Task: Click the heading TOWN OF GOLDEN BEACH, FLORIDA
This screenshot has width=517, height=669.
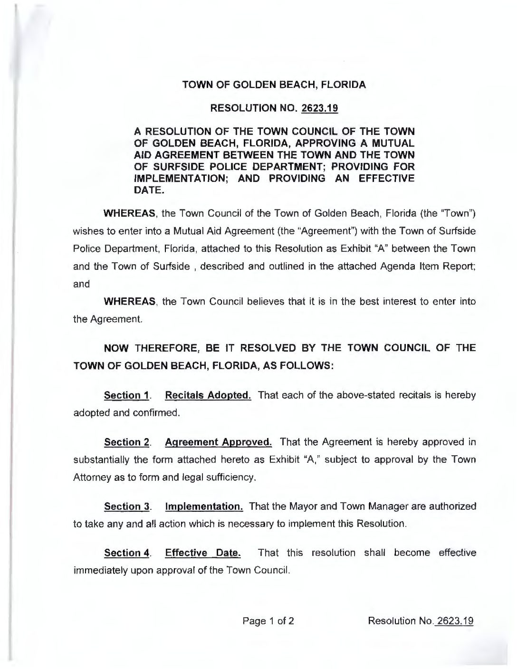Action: point(275,86)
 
